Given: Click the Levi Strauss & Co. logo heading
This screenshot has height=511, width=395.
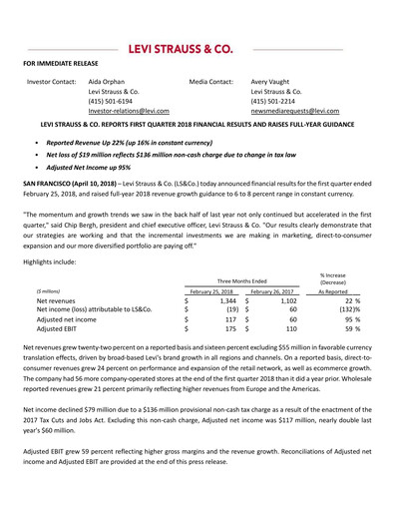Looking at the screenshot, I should [x=197, y=48].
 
